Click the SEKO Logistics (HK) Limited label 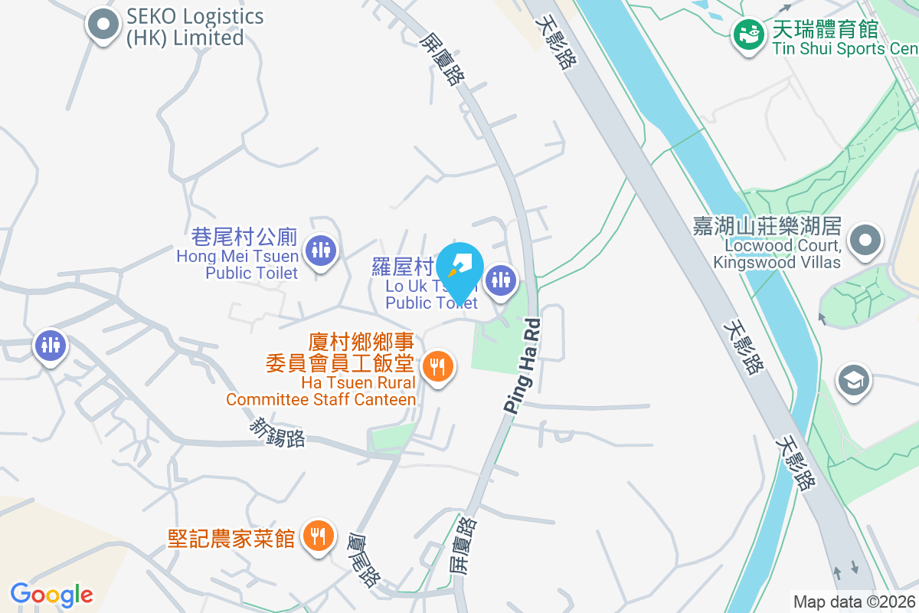click(x=195, y=27)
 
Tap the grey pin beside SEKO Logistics click(x=103, y=25)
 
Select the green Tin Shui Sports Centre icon click(x=748, y=34)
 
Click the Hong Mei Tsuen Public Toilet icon click(x=320, y=250)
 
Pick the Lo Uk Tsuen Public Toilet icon click(x=502, y=280)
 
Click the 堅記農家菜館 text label click(x=231, y=539)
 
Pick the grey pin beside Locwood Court click(x=865, y=239)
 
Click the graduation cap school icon click(x=853, y=379)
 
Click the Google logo click(x=51, y=594)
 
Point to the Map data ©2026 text click(x=854, y=602)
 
